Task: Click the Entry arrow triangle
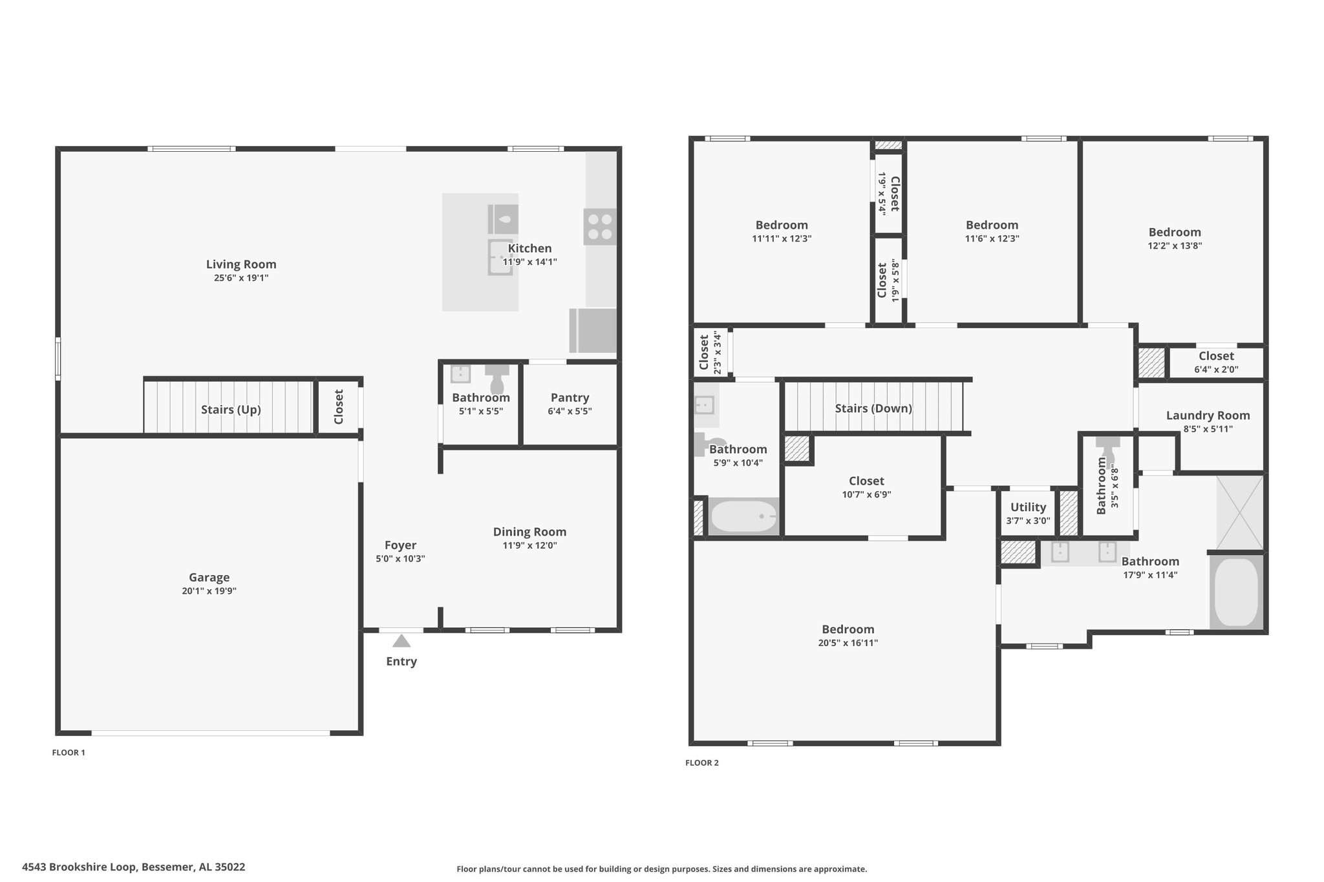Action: (x=401, y=640)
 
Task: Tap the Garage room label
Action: (x=209, y=578)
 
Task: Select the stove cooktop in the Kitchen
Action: (x=600, y=227)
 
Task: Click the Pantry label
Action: (x=570, y=398)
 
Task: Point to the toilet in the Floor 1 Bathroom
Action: (x=497, y=379)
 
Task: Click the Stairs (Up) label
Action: (x=231, y=410)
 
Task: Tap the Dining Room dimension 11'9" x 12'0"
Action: (x=529, y=545)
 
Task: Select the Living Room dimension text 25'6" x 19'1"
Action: (x=241, y=278)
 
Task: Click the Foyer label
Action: (x=400, y=545)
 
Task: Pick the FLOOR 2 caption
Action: (x=702, y=762)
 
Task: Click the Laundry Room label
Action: (x=1208, y=415)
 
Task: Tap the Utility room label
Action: (x=1028, y=507)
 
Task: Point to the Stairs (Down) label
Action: (x=873, y=408)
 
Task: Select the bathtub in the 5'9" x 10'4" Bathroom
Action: (x=744, y=516)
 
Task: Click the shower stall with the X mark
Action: (x=1239, y=512)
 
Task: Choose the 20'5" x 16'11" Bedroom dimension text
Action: (x=848, y=643)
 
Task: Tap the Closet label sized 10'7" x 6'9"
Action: (x=866, y=481)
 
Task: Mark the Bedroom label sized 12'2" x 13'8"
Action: (x=1175, y=233)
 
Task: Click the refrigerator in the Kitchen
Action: (x=593, y=330)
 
